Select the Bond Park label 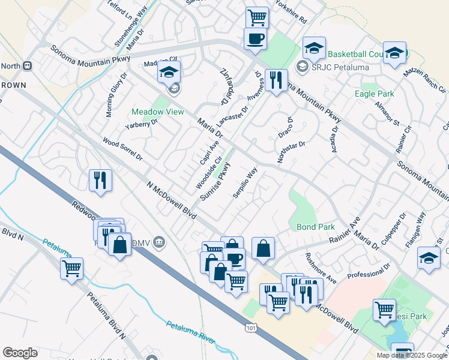point(315,227)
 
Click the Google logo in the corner point(20,353)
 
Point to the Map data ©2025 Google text point(412,355)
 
